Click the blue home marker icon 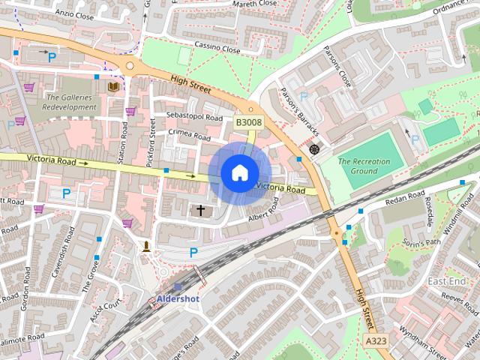pyautogui.click(x=238, y=173)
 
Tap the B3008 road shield pyautogui.click(x=248, y=121)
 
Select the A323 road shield pyautogui.click(x=376, y=341)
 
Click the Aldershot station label pyautogui.click(x=179, y=299)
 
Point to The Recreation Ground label pyautogui.click(x=368, y=166)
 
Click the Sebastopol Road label pyautogui.click(x=195, y=118)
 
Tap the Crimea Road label pyautogui.click(x=190, y=136)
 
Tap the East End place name pyautogui.click(x=446, y=280)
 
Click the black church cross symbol pyautogui.click(x=200, y=211)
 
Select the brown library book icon pyautogui.click(x=113, y=88)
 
